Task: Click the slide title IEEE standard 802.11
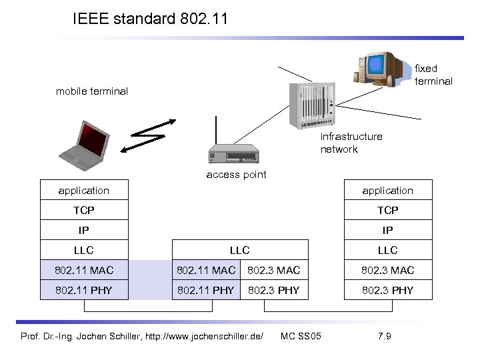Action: pos(150,19)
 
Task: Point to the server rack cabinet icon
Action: pos(311,104)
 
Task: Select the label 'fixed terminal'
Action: pos(433,75)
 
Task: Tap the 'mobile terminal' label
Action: pos(91,91)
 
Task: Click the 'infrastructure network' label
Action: pos(351,143)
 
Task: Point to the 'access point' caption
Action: pos(236,175)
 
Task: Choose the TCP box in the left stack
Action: pos(84,210)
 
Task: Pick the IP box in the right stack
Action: pos(387,230)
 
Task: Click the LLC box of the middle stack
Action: pos(240,250)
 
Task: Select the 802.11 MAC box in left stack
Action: pos(84,270)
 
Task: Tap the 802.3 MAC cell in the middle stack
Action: pos(273,270)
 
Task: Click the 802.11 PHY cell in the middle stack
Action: pos(205,290)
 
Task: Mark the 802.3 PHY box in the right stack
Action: pos(387,290)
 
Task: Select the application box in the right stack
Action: pos(387,190)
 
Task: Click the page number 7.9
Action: pos(384,335)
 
